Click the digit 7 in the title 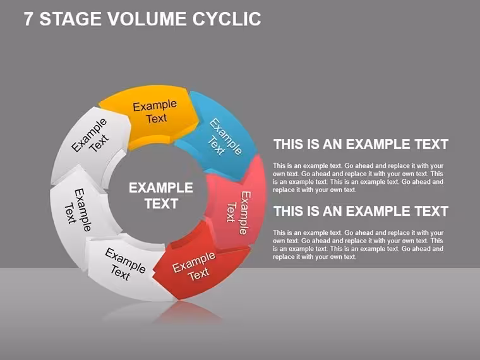(28, 19)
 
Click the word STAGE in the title (70, 19)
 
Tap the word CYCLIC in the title (227, 19)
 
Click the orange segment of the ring (150, 116)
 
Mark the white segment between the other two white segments (80, 211)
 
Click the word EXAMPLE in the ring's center (160, 188)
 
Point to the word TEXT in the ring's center (161, 203)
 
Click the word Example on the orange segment (155, 105)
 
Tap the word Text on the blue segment (217, 146)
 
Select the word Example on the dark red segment (194, 261)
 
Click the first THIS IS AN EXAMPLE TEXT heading (361, 144)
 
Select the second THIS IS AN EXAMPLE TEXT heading (361, 211)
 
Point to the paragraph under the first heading (358, 178)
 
